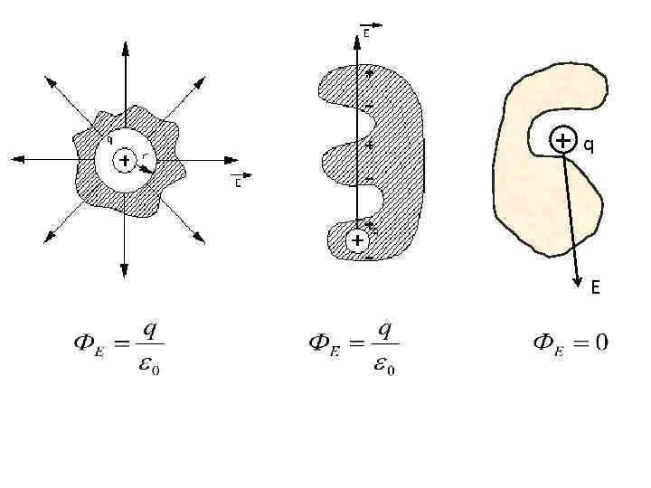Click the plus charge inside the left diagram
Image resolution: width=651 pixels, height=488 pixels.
[x=125, y=161]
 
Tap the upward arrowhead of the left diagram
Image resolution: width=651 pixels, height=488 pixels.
[x=125, y=43]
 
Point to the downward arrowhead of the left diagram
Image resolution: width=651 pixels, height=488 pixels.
[x=125, y=270]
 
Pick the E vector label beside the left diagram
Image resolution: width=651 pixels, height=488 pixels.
[x=238, y=181]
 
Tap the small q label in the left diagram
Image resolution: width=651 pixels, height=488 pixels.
[x=108, y=139]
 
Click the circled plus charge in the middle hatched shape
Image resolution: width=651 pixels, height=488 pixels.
[x=357, y=240]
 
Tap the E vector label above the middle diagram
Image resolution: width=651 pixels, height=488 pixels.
[x=367, y=31]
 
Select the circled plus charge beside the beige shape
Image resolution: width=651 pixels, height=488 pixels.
[x=563, y=141]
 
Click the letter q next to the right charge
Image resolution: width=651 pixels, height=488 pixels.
[x=588, y=143]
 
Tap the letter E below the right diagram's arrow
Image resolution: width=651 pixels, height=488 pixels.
[x=595, y=288]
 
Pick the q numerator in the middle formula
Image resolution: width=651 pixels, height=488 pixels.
[x=384, y=329]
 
